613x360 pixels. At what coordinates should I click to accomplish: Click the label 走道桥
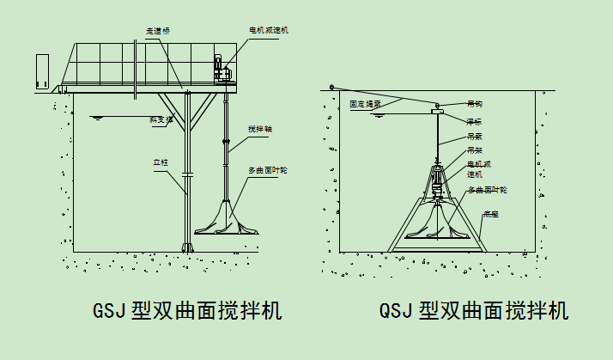[x=158, y=30]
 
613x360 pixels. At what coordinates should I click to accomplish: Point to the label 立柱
[x=160, y=161]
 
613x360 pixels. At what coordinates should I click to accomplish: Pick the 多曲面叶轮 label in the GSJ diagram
[x=268, y=170]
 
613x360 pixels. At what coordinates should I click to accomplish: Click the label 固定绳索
[x=365, y=104]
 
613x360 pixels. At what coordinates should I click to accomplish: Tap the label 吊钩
[x=474, y=104]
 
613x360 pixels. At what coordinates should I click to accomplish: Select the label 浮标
[x=474, y=121]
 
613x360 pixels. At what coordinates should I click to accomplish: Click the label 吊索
[x=474, y=136]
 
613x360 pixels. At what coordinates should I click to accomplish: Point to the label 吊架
[x=474, y=149]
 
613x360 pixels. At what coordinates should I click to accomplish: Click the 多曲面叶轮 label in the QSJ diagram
[x=487, y=189]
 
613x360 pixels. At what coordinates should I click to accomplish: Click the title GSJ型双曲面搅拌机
[x=187, y=309]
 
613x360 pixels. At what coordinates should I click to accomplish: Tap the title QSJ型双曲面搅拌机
[x=474, y=309]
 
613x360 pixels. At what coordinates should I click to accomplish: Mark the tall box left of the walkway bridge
[x=43, y=72]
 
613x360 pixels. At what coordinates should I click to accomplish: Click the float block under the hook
[x=438, y=111]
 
